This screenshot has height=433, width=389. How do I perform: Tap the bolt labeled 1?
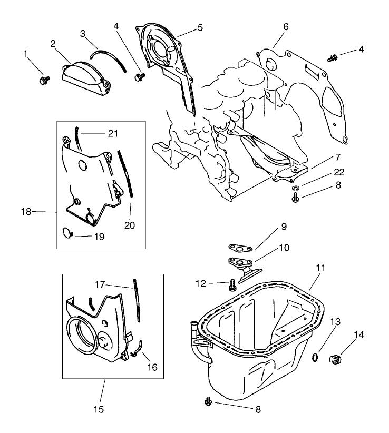pyautogui.click(x=43, y=80)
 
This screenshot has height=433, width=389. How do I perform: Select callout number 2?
pyautogui.click(x=53, y=43)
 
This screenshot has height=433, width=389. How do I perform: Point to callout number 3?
pyautogui.click(x=83, y=33)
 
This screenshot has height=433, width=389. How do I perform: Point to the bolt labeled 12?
pyautogui.click(x=232, y=286)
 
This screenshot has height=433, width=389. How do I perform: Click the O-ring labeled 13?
pyautogui.click(x=314, y=358)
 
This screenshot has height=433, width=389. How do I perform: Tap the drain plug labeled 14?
pyautogui.click(x=334, y=360)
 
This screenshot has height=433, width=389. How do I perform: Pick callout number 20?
pyautogui.click(x=130, y=225)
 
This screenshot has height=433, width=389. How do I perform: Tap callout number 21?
pyautogui.click(x=112, y=133)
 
